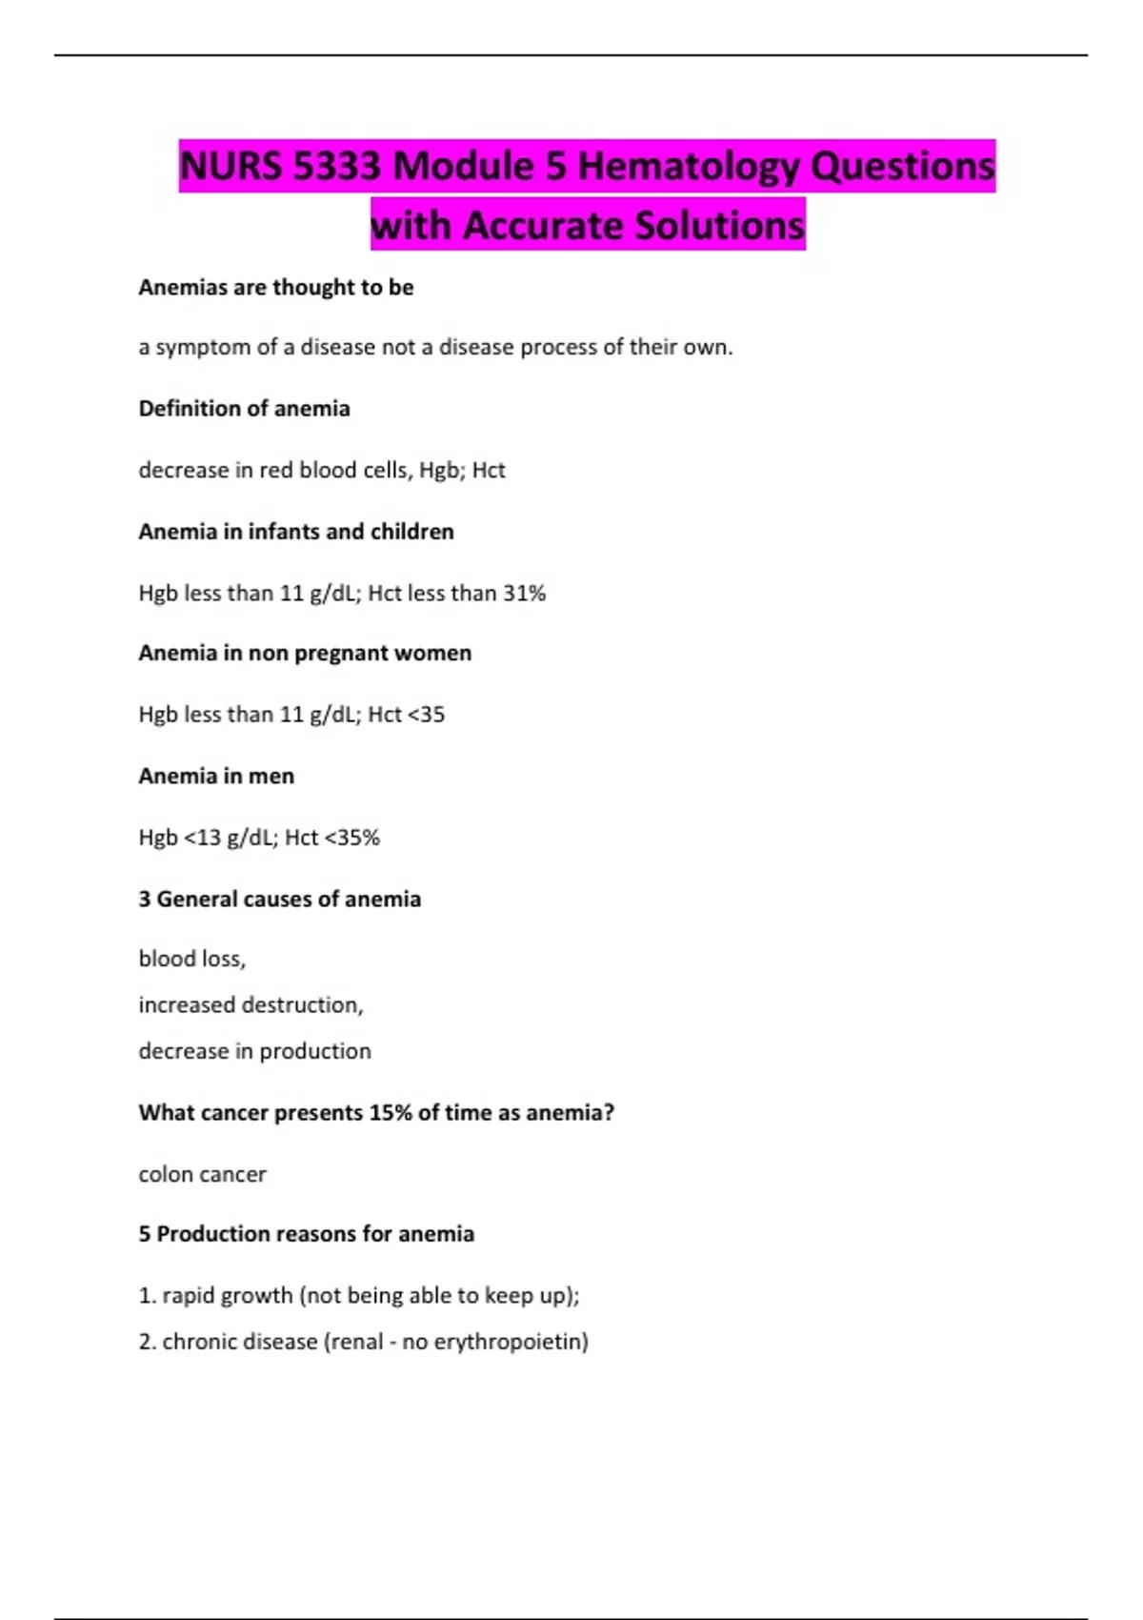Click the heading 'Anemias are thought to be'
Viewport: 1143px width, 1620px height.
276,288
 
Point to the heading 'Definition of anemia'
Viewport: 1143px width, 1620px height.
244,409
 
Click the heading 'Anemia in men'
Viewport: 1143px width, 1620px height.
216,777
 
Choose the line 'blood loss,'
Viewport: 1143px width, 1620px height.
192,959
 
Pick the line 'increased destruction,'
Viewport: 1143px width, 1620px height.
251,1005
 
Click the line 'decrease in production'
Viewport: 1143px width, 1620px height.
254,1051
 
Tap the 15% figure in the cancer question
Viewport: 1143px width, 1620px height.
391,1113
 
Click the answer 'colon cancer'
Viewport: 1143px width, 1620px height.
202,1174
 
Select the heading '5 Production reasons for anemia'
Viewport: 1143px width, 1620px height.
306,1234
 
